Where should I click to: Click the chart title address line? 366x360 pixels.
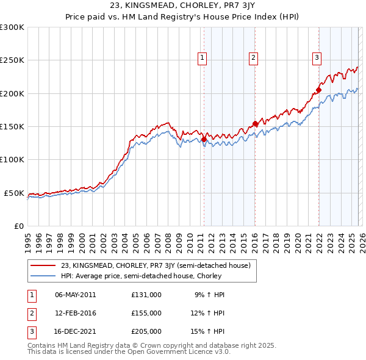(x=182, y=6)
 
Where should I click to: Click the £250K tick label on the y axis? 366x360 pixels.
(x=12, y=60)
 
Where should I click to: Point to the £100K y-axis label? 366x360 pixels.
(x=12, y=159)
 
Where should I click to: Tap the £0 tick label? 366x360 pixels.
(x=18, y=226)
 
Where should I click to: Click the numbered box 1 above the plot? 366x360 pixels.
(x=203, y=58)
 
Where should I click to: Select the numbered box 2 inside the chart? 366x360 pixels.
(x=253, y=58)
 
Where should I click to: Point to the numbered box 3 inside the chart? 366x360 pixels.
(x=317, y=58)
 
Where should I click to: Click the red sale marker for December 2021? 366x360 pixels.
(x=318, y=90)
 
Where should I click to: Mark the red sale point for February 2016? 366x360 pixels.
(x=255, y=124)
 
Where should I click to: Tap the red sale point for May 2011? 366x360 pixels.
(x=204, y=139)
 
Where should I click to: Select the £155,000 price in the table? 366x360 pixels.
(x=146, y=313)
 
